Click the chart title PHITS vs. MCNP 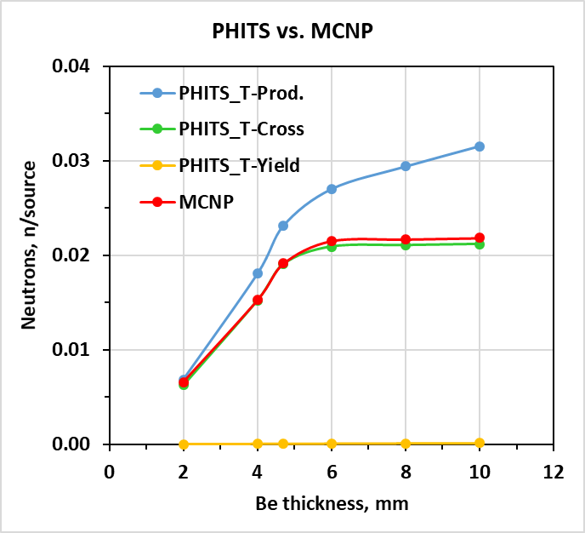point(292,32)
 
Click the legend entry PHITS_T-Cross point(241,129)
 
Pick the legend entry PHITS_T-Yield point(239,165)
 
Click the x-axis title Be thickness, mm point(332,503)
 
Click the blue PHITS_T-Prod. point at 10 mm point(480,146)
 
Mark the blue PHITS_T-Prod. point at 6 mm point(332,189)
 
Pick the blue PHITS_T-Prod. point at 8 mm point(406,166)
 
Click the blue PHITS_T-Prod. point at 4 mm point(258,273)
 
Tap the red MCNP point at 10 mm point(480,238)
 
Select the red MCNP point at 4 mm point(258,300)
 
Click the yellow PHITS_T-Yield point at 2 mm point(184,444)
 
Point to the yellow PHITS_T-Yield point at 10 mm point(480,443)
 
